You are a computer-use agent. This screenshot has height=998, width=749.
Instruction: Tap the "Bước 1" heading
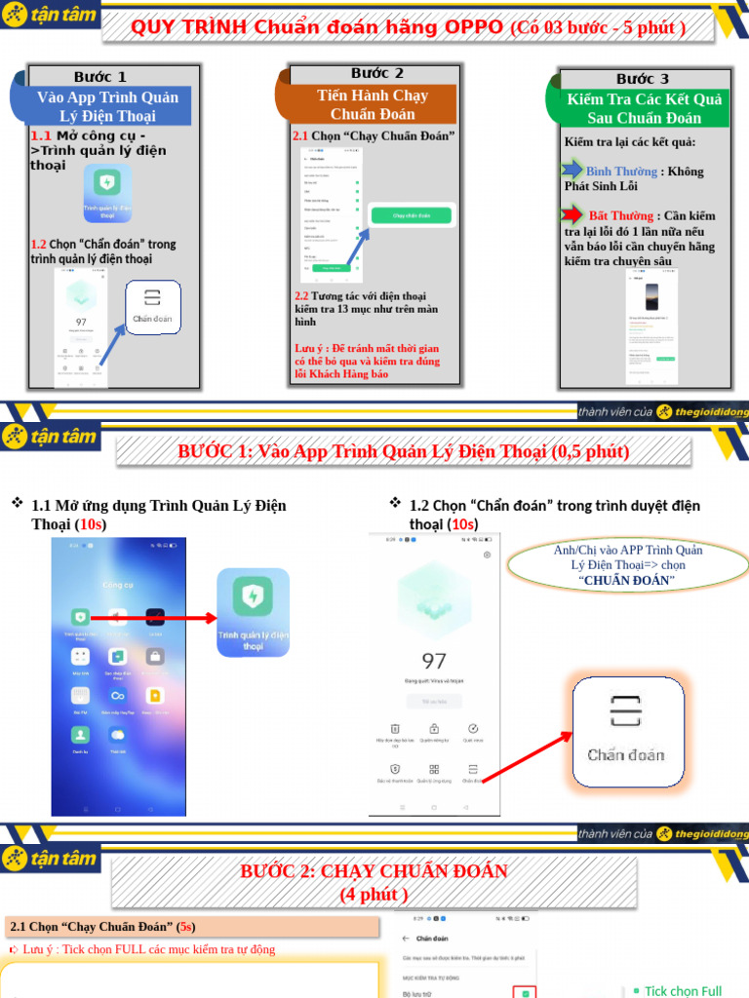[100, 76]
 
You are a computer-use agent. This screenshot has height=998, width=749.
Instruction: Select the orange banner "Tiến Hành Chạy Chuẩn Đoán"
[373, 104]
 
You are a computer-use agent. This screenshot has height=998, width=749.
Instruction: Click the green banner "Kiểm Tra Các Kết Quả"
[643, 107]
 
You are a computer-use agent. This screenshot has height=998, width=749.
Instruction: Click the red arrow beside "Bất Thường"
[573, 214]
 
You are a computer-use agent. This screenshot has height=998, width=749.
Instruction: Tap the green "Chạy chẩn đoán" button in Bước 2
[411, 215]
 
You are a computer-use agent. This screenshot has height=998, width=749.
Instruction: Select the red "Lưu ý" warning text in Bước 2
[367, 361]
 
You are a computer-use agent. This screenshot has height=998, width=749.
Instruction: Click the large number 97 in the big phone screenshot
[432, 660]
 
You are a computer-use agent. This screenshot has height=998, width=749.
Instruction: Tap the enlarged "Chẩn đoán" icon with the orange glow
[625, 730]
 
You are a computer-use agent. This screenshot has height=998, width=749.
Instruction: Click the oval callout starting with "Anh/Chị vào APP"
[627, 565]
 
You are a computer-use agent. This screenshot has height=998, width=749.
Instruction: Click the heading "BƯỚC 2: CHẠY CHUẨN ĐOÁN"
[374, 881]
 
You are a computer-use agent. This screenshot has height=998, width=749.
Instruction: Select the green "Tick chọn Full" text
[683, 990]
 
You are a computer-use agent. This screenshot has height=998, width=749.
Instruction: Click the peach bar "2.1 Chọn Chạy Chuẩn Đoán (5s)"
[191, 926]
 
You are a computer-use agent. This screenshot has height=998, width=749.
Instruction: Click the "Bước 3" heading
[643, 79]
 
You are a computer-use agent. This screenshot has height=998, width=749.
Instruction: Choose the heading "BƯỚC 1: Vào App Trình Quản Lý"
[403, 451]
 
